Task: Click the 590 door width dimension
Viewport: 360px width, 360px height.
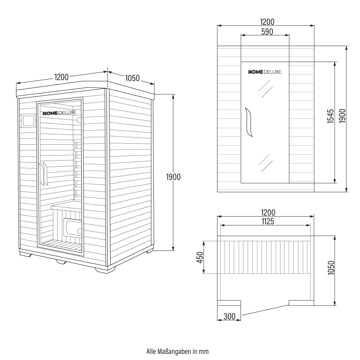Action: (x=267, y=32)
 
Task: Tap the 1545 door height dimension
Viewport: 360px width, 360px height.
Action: (x=330, y=116)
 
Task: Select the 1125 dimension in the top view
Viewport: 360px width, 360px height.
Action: (x=268, y=221)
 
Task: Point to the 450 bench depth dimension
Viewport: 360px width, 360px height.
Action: (x=200, y=257)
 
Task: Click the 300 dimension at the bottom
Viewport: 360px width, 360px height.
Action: (x=229, y=316)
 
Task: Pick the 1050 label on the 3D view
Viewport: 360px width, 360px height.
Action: (x=132, y=78)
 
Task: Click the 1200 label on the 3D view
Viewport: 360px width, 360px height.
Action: (x=61, y=77)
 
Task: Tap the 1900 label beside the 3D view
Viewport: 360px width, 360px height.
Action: (x=174, y=177)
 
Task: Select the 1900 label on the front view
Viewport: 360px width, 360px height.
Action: (x=342, y=116)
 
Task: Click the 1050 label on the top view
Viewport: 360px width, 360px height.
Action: (x=331, y=268)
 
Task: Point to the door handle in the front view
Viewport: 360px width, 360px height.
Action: (x=248, y=122)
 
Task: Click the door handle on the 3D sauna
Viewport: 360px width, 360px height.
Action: (x=43, y=174)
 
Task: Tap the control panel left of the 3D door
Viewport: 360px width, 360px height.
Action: (x=28, y=120)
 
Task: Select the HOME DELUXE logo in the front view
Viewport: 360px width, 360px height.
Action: (x=265, y=72)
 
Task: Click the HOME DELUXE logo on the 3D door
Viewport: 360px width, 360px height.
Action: (x=59, y=113)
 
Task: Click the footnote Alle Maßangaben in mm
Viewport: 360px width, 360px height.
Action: (x=177, y=351)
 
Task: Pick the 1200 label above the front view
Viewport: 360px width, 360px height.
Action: (x=267, y=22)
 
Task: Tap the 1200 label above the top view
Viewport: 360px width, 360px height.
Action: (x=268, y=212)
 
